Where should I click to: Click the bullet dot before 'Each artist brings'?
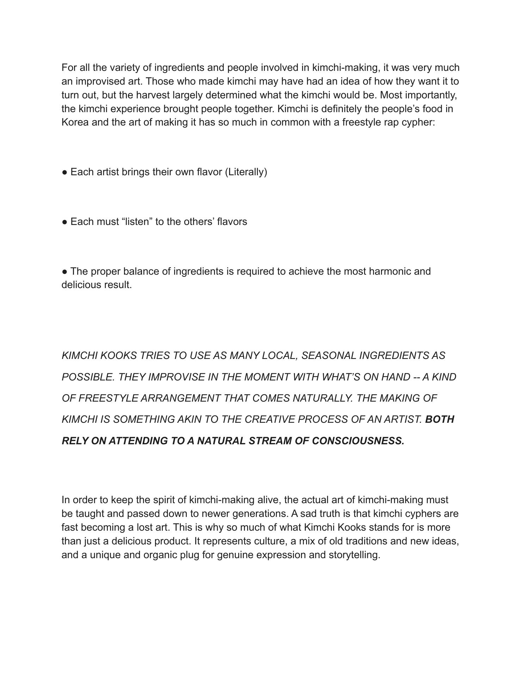click(x=65, y=172)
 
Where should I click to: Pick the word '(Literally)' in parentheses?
click(x=246, y=172)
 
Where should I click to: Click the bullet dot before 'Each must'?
click(x=65, y=222)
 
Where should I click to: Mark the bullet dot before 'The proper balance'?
click(x=65, y=272)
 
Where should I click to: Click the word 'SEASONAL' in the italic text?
click(x=329, y=355)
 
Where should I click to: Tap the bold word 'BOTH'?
click(x=439, y=420)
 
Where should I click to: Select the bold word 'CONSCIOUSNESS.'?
click(x=358, y=441)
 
